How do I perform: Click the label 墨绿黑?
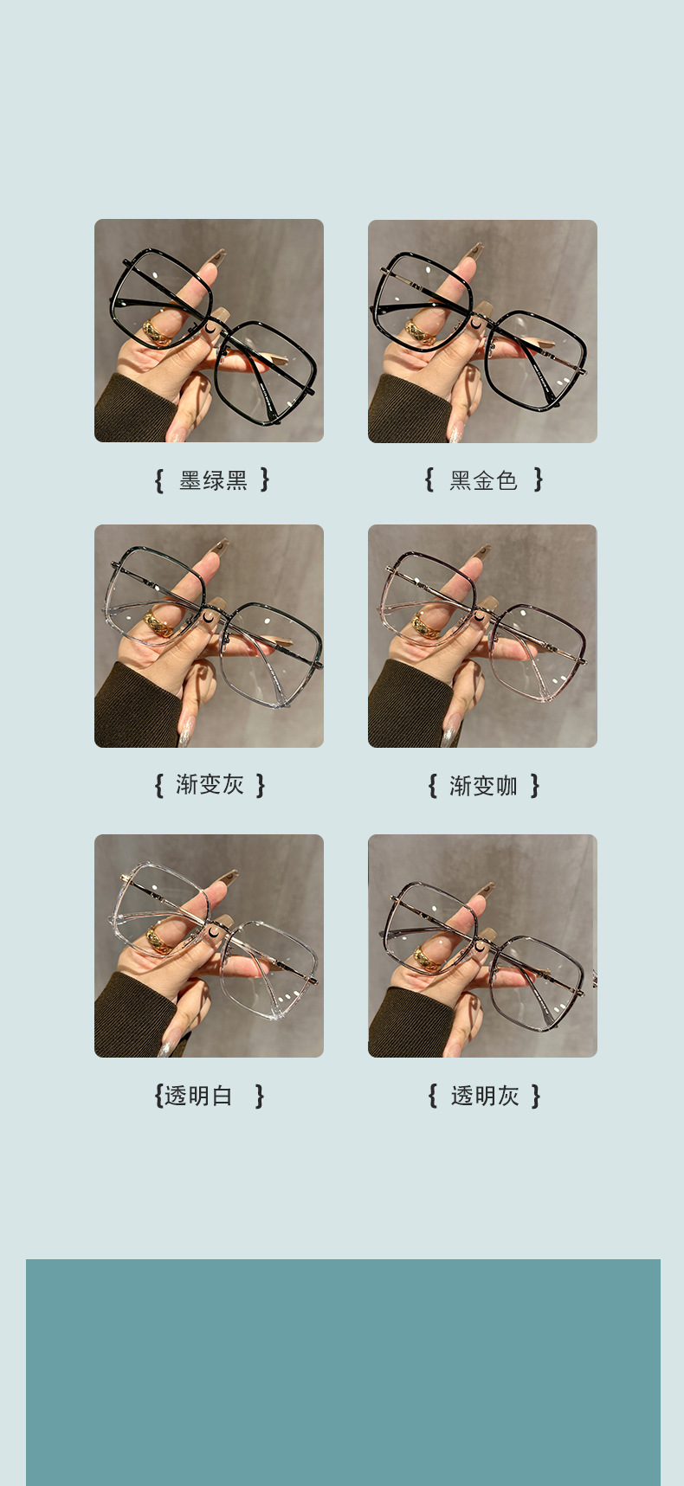click(x=213, y=480)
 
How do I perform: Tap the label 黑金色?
click(x=483, y=480)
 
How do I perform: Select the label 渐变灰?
click(x=210, y=785)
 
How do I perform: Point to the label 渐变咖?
click(x=483, y=786)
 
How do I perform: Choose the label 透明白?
click(x=199, y=1096)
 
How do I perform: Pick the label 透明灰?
click(x=484, y=1096)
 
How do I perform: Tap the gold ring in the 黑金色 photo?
click(x=422, y=330)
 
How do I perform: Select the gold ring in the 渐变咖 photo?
click(x=426, y=626)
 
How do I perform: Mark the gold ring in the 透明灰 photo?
click(x=424, y=956)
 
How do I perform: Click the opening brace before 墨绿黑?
click(x=158, y=480)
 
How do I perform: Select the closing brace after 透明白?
click(x=259, y=1096)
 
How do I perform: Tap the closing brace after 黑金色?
click(x=539, y=479)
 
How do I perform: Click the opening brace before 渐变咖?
click(x=432, y=786)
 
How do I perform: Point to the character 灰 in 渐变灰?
click(x=233, y=785)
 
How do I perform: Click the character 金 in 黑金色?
click(x=483, y=480)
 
